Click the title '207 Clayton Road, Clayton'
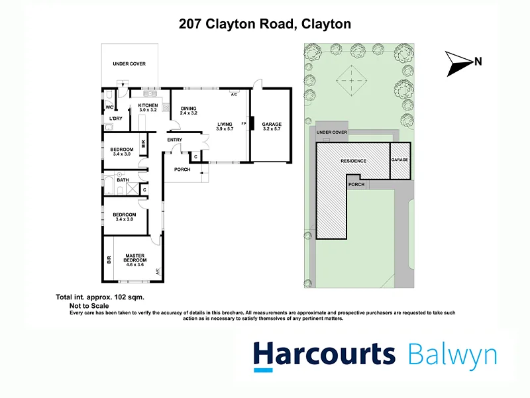pyautogui.click(x=265, y=25)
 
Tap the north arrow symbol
pyautogui.click(x=458, y=63)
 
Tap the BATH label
pyautogui.click(x=123, y=179)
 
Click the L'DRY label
pyautogui.click(x=116, y=119)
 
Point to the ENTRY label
pyautogui.click(x=174, y=140)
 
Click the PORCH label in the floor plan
pyautogui.click(x=182, y=170)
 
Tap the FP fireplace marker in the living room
pyautogui.click(x=244, y=124)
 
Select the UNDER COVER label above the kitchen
pyautogui.click(x=129, y=64)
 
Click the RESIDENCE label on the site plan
pyautogui.click(x=353, y=161)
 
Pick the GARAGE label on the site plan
pyautogui.click(x=399, y=160)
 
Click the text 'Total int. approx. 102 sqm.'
pyautogui.click(x=99, y=299)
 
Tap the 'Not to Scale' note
pyautogui.click(x=89, y=307)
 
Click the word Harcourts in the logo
pyautogui.click(x=324, y=354)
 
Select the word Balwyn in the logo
pyautogui.click(x=452, y=354)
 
